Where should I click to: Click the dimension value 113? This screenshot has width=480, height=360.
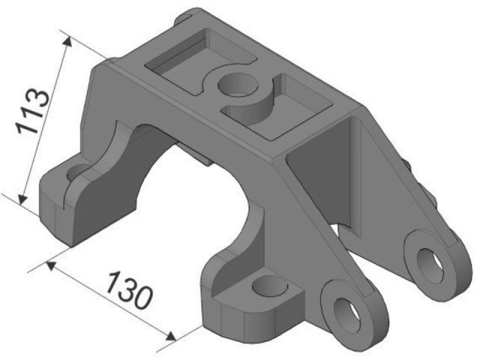(33, 112)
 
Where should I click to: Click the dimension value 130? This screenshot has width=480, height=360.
(129, 290)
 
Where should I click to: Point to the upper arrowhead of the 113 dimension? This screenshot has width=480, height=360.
(67, 41)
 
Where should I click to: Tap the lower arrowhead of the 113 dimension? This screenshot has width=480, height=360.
(22, 199)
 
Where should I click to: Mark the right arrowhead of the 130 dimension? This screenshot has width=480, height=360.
(171, 336)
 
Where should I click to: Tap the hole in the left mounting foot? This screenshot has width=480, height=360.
(76, 172)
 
